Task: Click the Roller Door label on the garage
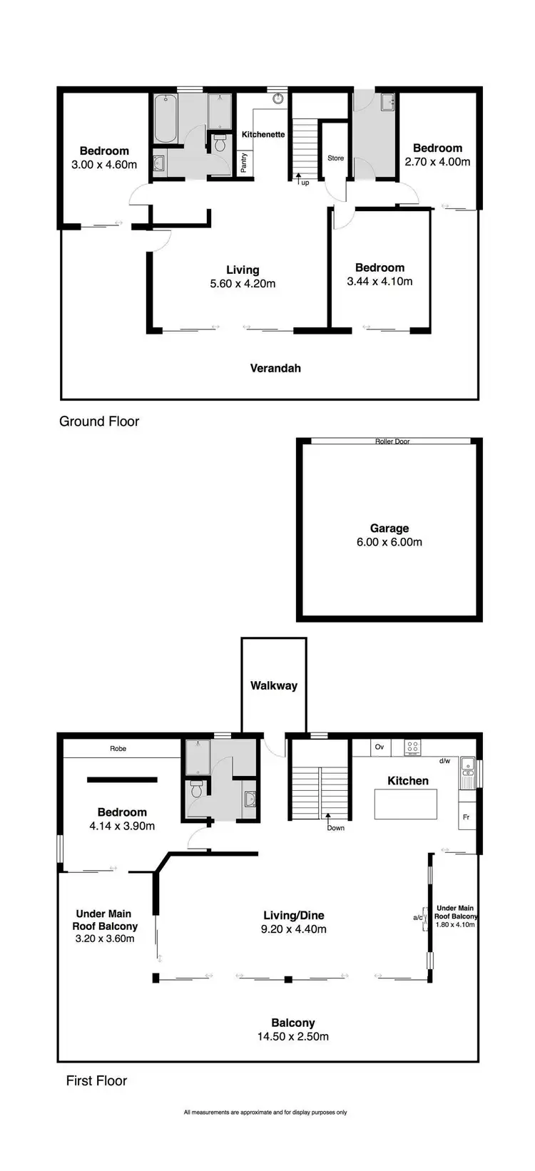(392, 441)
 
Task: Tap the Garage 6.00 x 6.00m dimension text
(389, 542)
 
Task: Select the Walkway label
(273, 685)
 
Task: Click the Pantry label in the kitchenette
(244, 163)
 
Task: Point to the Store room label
(335, 158)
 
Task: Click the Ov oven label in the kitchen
(379, 747)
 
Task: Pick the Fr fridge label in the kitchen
(466, 817)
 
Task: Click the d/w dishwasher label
(444, 761)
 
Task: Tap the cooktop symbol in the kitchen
(412, 747)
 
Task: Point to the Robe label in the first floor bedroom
(118, 749)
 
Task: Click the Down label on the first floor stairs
(335, 828)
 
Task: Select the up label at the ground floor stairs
(305, 183)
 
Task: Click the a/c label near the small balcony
(418, 918)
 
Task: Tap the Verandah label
(275, 368)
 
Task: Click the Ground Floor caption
(99, 421)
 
